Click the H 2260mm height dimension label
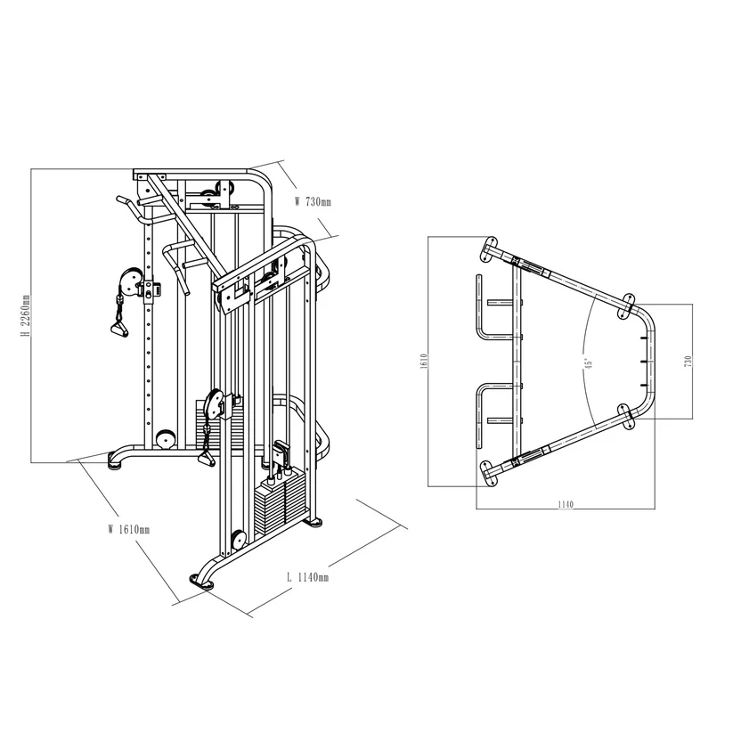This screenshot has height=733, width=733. pyautogui.click(x=27, y=316)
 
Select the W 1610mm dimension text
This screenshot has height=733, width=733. pyautogui.click(x=128, y=528)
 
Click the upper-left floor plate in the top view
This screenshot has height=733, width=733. pyautogui.click(x=489, y=249)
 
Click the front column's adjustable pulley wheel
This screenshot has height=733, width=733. pyautogui.click(x=215, y=405)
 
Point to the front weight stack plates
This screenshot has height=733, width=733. pyautogui.click(x=278, y=509)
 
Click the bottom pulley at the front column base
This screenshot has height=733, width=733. pyautogui.click(x=238, y=540)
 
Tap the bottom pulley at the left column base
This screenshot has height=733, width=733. pyautogui.click(x=163, y=440)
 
